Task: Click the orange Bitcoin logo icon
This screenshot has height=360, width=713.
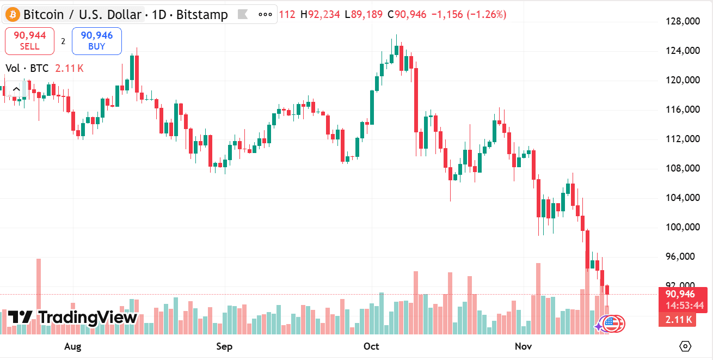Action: (x=12, y=14)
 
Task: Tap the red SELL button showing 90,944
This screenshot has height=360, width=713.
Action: (x=29, y=41)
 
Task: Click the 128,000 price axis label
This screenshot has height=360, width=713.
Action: (x=682, y=22)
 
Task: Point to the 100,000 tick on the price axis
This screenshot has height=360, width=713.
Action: (x=682, y=227)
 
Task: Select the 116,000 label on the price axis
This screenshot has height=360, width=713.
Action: (x=682, y=109)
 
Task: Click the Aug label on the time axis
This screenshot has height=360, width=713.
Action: (x=72, y=346)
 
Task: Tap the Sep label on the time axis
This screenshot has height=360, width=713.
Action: (x=224, y=346)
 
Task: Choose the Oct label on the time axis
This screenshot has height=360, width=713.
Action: (x=371, y=346)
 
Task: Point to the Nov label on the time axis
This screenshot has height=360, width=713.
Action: (x=523, y=346)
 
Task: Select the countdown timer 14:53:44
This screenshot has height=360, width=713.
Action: (x=684, y=306)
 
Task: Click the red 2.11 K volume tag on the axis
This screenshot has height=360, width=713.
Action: (x=677, y=320)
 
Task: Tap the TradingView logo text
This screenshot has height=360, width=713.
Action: (x=72, y=317)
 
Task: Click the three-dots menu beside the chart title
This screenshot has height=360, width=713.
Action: (x=265, y=14)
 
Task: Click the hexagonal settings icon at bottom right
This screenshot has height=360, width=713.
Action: (x=685, y=346)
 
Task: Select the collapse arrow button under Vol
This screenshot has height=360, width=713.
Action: (x=16, y=89)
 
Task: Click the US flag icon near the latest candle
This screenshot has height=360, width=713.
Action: (x=613, y=324)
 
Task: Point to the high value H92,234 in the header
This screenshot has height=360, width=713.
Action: (x=321, y=14)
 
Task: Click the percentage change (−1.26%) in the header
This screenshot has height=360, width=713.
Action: (x=487, y=14)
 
